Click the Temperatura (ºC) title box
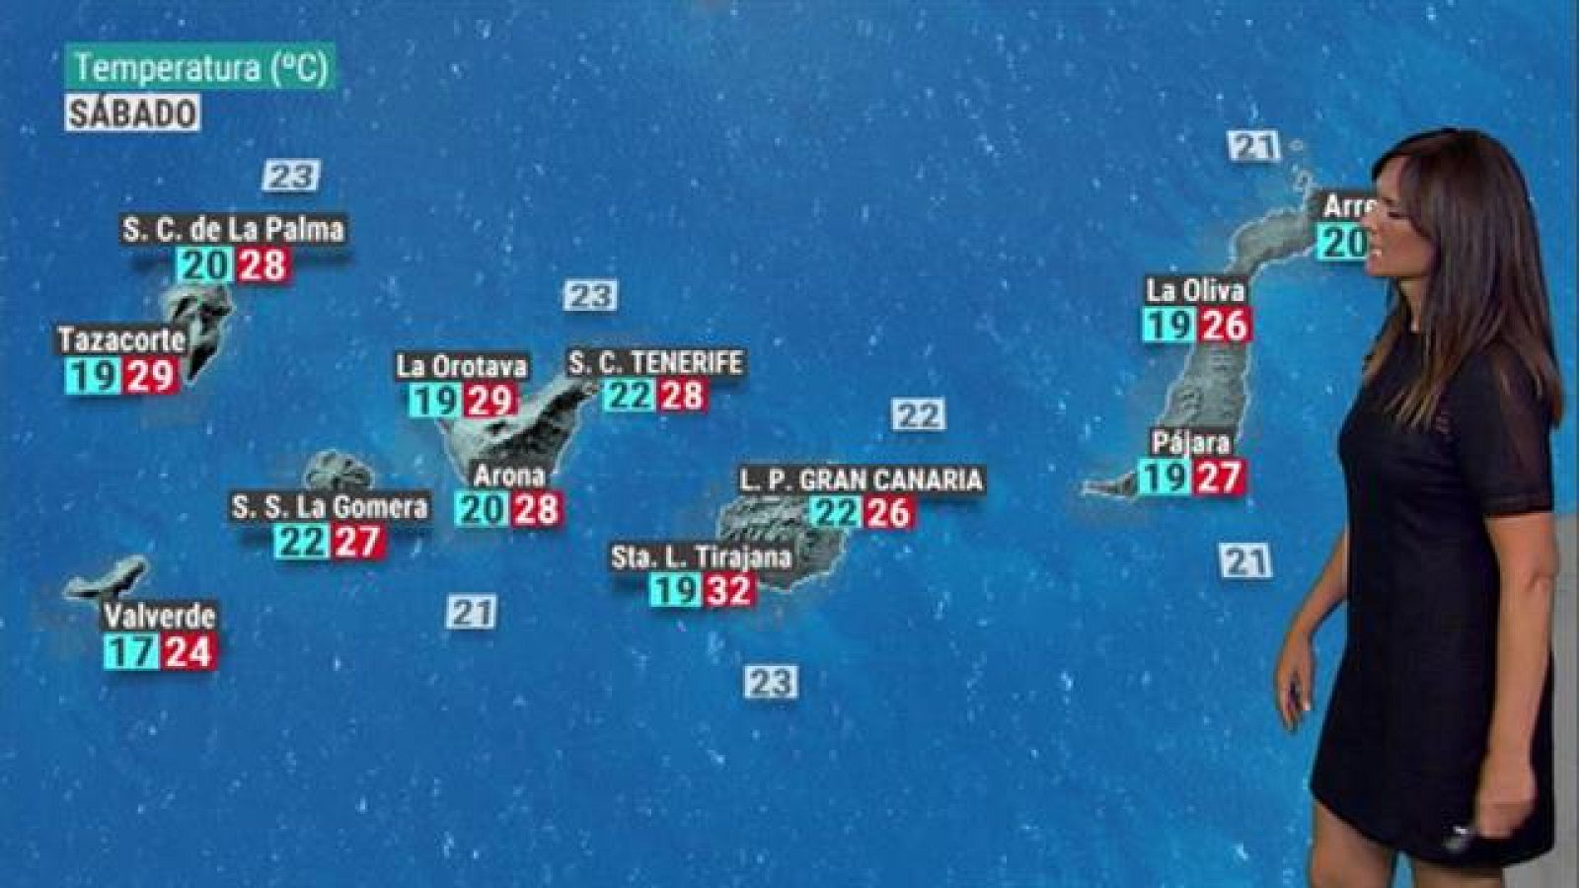[x=201, y=68]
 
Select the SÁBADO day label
[x=133, y=112]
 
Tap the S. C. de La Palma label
[x=234, y=229]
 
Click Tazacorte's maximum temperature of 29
[x=152, y=375]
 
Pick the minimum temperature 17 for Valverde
[x=131, y=651]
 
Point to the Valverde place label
[x=159, y=616]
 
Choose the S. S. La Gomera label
[x=330, y=507]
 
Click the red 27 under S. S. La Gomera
[x=357, y=542]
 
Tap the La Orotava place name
[x=462, y=366]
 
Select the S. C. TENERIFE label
[x=655, y=362]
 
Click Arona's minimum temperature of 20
[x=482, y=509]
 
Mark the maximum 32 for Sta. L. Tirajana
[x=730, y=590]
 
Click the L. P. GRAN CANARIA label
[x=861, y=480]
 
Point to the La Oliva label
[x=1195, y=290]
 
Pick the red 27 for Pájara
[x=1219, y=478]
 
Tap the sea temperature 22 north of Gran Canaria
[x=918, y=414]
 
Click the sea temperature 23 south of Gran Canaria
[x=771, y=681]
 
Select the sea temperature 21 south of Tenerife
[x=471, y=612]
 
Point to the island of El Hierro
[x=107, y=579]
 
